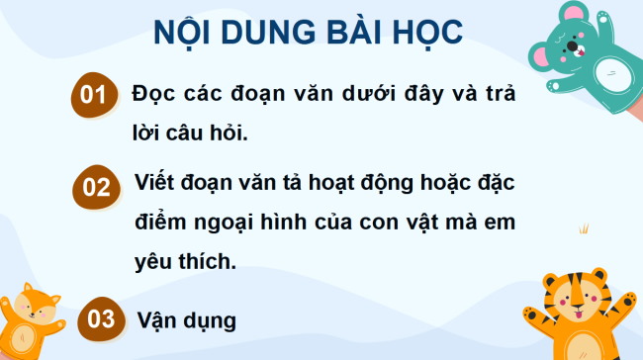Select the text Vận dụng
coord(187,319)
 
